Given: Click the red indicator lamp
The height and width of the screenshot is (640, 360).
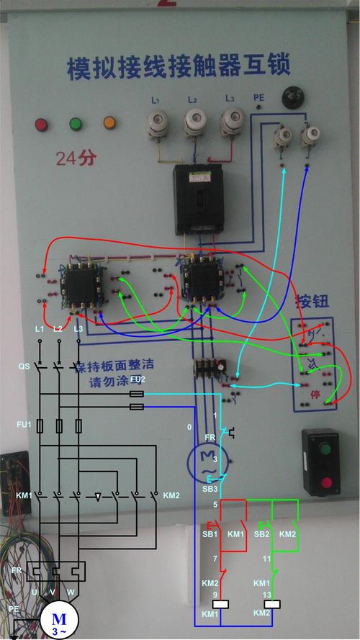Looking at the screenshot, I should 40,125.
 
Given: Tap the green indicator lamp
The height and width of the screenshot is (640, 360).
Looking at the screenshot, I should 75,124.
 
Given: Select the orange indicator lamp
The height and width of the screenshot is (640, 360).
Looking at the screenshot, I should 109,124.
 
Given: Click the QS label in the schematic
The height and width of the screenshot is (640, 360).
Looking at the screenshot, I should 24,366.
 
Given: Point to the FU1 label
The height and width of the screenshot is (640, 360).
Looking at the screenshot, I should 24,425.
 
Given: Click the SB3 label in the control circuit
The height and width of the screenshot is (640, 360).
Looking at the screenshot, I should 210,489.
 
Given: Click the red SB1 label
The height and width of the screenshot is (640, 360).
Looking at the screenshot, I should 210,534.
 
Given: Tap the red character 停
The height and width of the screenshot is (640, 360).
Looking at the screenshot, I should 315,395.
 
